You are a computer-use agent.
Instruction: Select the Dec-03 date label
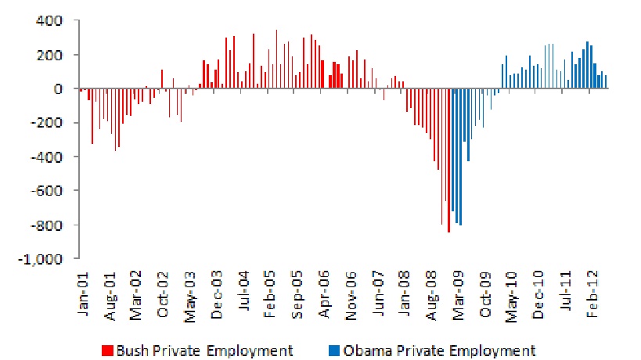pyautogui.click(x=217, y=297)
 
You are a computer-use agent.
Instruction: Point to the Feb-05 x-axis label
pyautogui.click(x=270, y=297)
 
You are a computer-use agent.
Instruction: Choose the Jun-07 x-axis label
pyautogui.click(x=379, y=297)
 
